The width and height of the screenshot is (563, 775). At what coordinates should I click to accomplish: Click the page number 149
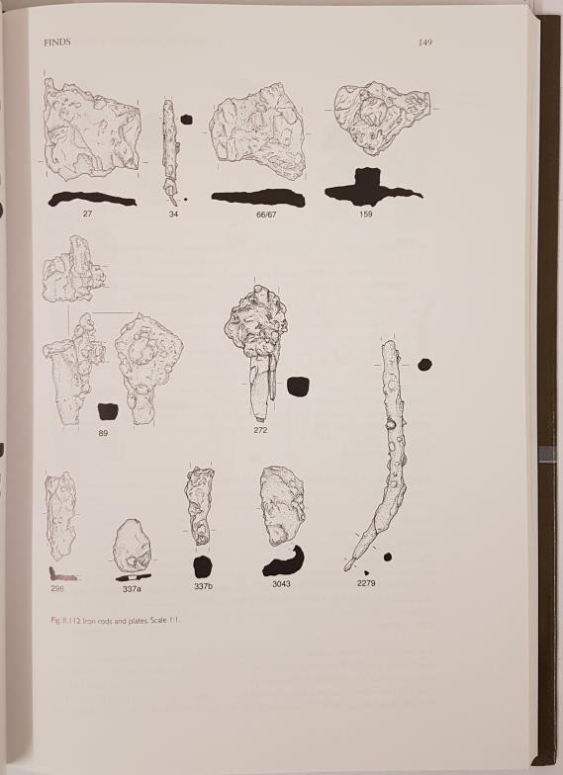click(425, 43)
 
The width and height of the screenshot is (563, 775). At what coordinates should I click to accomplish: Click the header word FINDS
click(57, 43)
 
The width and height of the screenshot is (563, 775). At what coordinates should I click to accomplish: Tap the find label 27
click(87, 214)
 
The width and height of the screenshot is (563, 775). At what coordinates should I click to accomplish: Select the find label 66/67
click(266, 215)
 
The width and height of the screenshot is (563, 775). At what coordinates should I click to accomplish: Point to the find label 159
click(366, 214)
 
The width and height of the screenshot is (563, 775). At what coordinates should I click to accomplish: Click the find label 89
click(103, 433)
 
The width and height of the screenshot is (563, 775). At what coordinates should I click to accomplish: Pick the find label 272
click(260, 430)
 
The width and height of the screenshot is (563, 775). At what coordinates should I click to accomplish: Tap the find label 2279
click(366, 583)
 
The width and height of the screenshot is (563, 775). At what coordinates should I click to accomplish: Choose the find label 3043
click(281, 583)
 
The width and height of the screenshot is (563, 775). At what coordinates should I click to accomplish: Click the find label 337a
click(132, 589)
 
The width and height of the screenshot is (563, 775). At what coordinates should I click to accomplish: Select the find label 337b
click(204, 587)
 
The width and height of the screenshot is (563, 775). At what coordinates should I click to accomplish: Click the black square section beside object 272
click(298, 387)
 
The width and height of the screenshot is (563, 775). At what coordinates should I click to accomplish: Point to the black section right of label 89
click(109, 412)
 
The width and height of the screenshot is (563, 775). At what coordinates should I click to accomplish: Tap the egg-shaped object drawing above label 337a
click(132, 546)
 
